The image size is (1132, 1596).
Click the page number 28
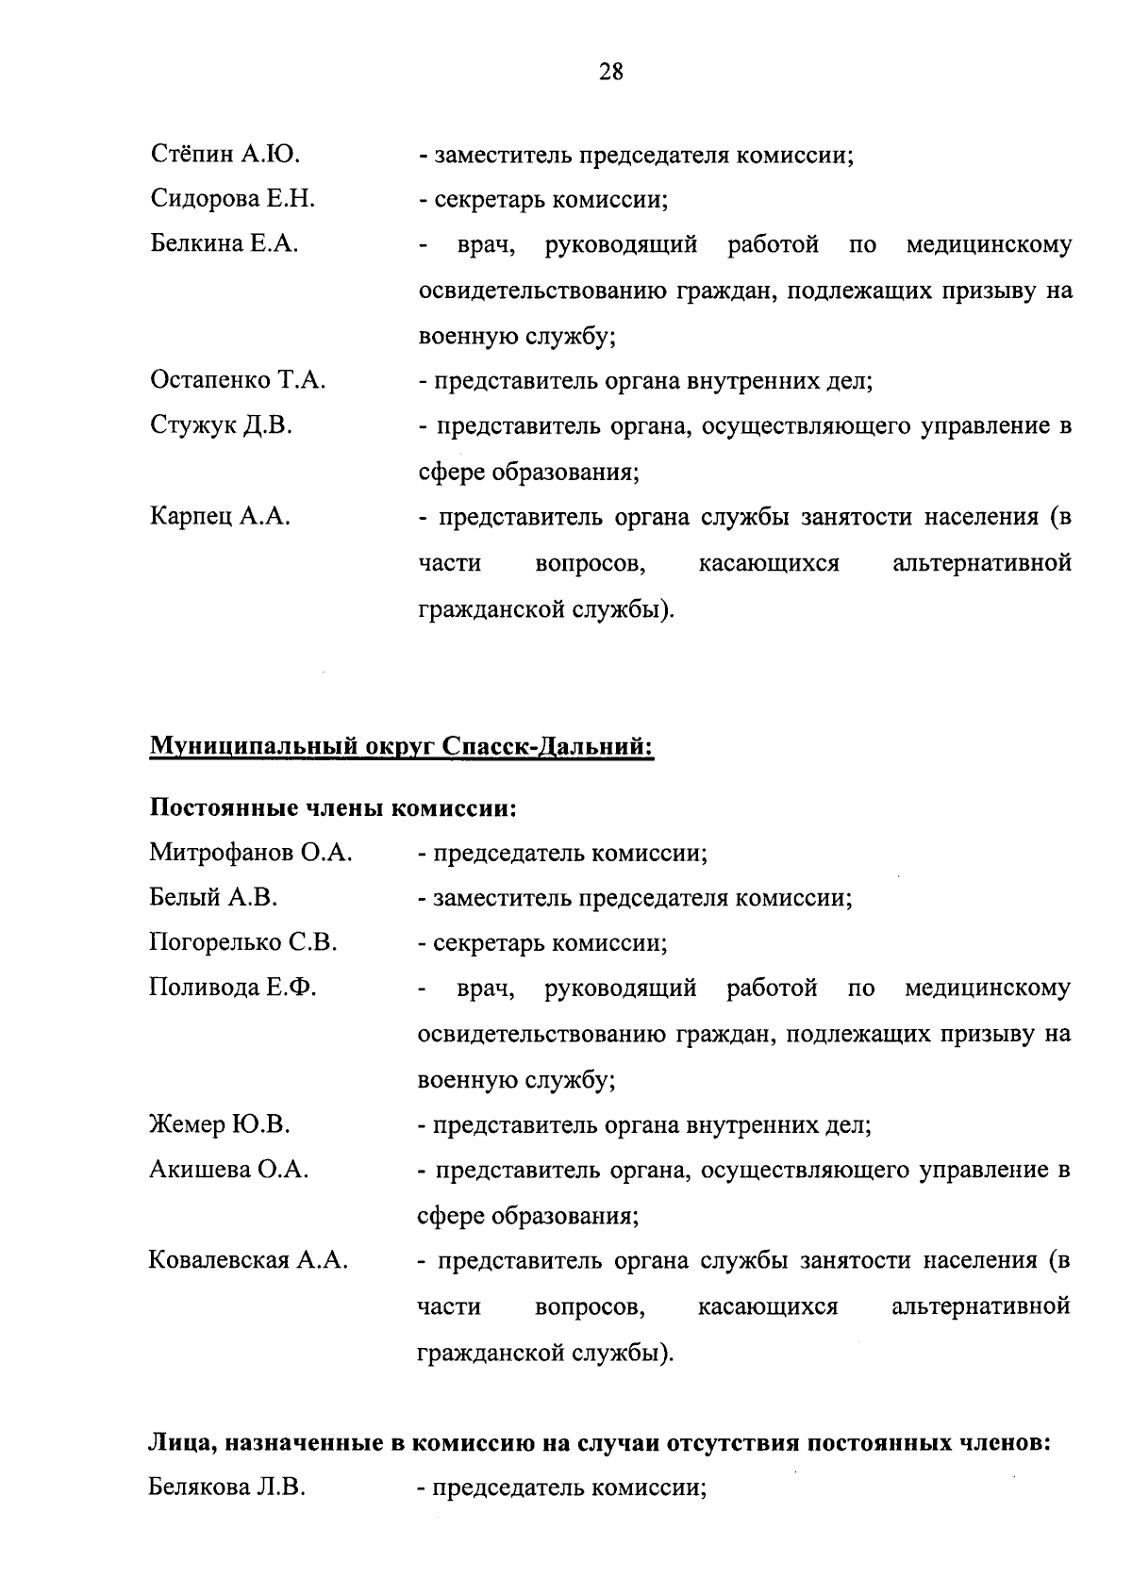tap(610, 72)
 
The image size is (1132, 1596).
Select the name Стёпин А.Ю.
tap(225, 154)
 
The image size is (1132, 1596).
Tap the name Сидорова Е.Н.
tap(232, 199)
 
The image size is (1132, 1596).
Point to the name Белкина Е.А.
tap(225, 244)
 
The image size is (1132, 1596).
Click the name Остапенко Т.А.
tap(238, 381)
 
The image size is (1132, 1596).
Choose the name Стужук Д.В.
tap(221, 426)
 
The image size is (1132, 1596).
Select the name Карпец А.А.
tap(220, 517)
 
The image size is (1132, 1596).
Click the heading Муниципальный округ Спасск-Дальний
tap(401, 747)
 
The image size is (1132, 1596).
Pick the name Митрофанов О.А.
tap(250, 854)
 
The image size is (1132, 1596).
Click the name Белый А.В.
tap(213, 898)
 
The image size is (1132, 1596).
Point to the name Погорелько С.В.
tap(242, 943)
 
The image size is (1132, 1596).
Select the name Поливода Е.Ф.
tap(232, 989)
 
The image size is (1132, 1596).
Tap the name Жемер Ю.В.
tap(219, 1124)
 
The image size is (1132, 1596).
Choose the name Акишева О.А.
tap(229, 1171)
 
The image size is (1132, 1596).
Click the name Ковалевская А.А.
tap(248, 1261)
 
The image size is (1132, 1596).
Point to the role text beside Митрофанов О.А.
tap(563, 854)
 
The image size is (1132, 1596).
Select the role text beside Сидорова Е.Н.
tap(543, 199)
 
